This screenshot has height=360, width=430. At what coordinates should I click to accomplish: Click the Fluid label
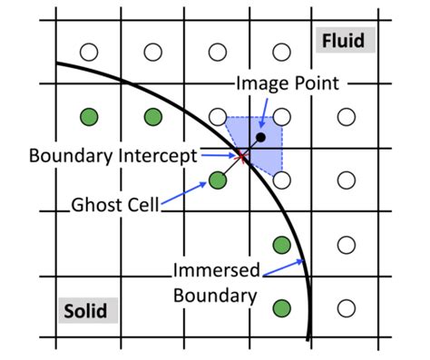[x=340, y=41]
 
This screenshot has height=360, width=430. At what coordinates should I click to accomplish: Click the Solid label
[x=84, y=311]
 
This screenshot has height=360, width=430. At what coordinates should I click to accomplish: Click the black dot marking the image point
[x=261, y=138]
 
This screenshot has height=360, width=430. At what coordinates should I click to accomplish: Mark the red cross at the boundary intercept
[x=241, y=158]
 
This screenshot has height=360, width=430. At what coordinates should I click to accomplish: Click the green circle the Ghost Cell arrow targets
[x=218, y=180]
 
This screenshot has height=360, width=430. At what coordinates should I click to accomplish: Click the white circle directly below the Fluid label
[x=346, y=116]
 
